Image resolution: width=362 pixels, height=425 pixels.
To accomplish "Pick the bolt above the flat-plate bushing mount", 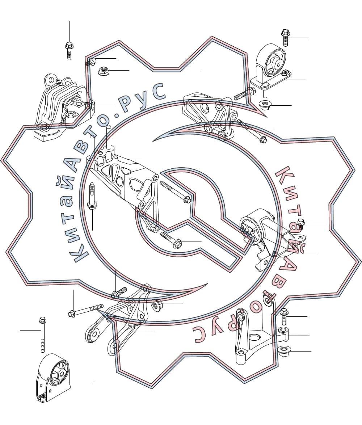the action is pos(285,37).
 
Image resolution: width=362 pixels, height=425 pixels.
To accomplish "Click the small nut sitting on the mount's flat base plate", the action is pos(285,73).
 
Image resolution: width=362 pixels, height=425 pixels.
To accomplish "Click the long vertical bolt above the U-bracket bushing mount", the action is pos(42,334).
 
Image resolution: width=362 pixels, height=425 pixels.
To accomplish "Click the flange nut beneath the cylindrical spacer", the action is pos(283,351).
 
